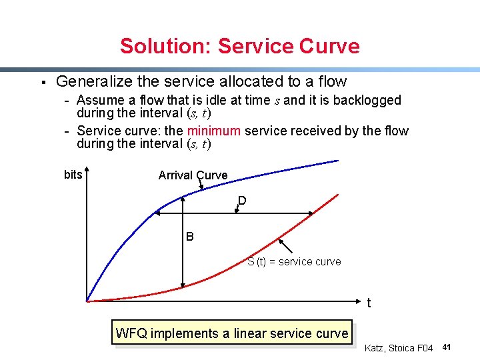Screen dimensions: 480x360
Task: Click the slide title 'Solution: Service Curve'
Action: tap(239, 46)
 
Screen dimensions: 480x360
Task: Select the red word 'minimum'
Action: tap(214, 131)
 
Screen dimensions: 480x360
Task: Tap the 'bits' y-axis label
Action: tap(73, 175)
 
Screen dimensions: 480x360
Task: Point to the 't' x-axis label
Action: tap(369, 303)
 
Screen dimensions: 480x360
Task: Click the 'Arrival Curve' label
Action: tap(193, 175)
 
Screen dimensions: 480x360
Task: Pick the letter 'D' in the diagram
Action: tap(242, 201)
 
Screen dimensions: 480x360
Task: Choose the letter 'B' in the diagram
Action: tap(190, 237)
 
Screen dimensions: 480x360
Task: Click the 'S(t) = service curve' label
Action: tap(294, 262)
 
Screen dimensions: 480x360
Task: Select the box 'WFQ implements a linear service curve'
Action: tap(232, 333)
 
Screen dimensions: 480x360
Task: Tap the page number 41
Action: tap(447, 347)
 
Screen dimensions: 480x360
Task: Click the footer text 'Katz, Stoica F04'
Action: tap(399, 348)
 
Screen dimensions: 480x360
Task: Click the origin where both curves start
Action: tap(87, 301)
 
